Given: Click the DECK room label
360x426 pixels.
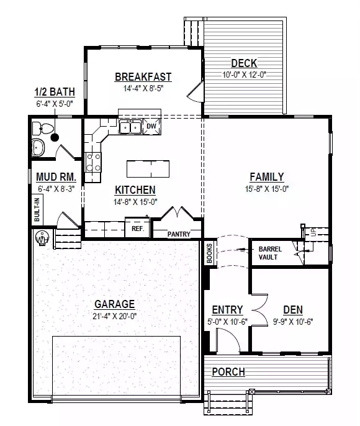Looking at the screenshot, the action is point(244,63).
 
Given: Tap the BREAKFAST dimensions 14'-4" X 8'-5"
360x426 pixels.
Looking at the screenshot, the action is point(143,88).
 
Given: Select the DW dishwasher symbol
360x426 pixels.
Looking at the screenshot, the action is point(152,126).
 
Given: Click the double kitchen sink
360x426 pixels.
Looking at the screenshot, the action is point(130,127).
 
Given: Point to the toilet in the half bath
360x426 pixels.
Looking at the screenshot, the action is point(43,129).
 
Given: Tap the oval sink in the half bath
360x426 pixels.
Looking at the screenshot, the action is point(38,148).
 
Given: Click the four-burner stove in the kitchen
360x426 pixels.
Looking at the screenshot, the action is point(93,162).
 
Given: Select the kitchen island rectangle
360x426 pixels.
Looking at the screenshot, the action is point(148,169).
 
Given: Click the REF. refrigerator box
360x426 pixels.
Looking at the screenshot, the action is point(137,229).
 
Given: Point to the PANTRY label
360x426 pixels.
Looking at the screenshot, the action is point(179,234).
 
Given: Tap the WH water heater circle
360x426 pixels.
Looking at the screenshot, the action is point(42,238).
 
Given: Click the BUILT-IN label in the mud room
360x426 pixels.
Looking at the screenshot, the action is point(37,209).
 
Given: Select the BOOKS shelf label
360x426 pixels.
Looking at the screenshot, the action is point(210,253).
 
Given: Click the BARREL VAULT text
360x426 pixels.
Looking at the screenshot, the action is point(270,253).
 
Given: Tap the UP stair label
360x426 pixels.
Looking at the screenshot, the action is point(314,232).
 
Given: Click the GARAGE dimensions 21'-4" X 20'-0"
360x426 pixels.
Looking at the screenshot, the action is point(115,316).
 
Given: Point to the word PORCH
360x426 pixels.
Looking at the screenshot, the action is point(228,371).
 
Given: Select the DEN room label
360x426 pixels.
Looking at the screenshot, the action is point(293,310).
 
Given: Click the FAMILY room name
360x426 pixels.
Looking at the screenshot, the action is point(267,177).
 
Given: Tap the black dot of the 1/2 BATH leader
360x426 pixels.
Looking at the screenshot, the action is point(55,138).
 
